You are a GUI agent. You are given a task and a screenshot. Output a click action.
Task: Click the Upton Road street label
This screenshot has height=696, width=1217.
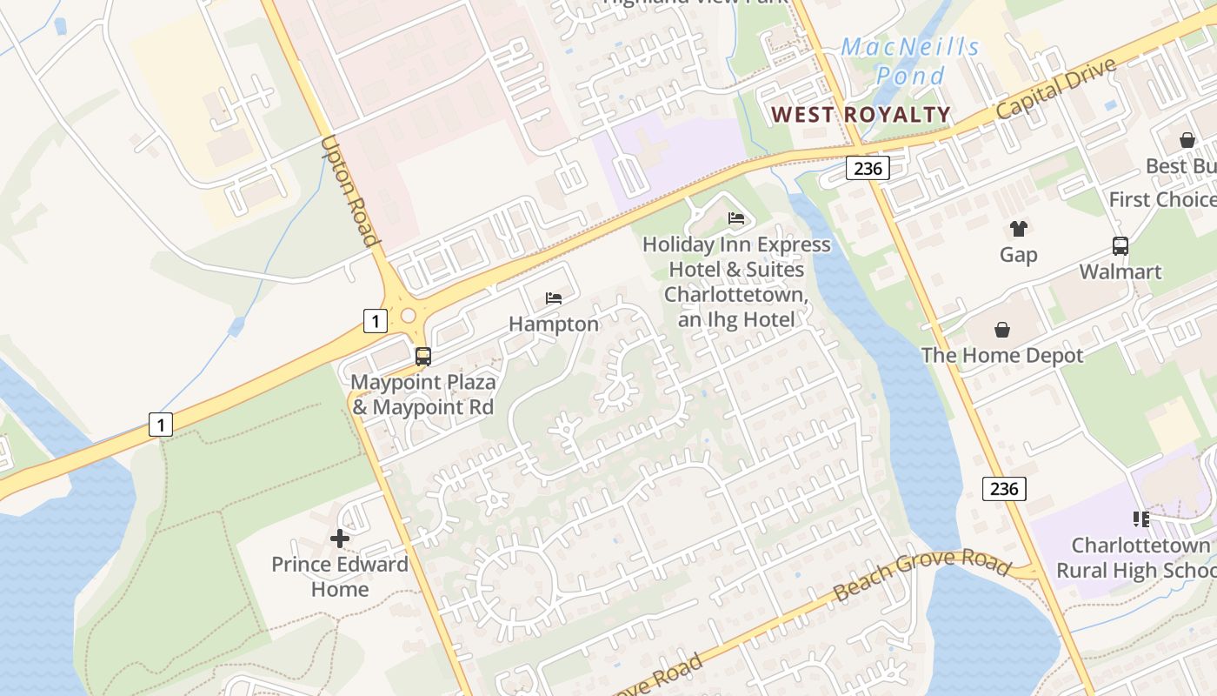[350, 191]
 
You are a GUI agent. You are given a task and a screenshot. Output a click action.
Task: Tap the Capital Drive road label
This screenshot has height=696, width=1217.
[1055, 90]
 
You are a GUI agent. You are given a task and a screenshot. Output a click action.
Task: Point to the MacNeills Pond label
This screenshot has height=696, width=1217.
[910, 61]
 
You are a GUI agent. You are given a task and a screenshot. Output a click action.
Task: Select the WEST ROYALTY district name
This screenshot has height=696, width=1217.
[861, 114]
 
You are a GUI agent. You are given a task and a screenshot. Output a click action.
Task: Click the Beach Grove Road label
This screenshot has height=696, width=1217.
[922, 576]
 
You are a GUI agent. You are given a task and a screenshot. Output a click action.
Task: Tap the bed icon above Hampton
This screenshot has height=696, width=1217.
[554, 298]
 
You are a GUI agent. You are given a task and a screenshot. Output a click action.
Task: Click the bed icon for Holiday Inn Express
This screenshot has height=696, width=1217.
[736, 218]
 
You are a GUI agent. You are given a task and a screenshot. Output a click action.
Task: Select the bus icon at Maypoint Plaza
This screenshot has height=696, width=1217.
[423, 356]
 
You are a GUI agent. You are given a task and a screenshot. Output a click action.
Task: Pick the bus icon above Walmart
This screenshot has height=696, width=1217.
[1120, 246]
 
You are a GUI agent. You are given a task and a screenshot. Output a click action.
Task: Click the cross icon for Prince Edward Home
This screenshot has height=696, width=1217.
[340, 539]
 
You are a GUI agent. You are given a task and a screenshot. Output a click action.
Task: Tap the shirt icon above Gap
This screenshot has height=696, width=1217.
[1018, 229]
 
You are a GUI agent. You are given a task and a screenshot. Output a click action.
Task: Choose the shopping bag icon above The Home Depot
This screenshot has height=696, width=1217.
[1001, 330]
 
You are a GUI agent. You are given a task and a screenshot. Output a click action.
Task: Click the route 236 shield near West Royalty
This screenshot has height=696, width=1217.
[868, 169]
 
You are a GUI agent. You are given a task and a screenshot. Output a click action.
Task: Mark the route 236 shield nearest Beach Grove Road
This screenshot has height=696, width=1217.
[1004, 489]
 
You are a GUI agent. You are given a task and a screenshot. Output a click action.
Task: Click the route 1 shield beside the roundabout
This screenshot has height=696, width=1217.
[374, 322]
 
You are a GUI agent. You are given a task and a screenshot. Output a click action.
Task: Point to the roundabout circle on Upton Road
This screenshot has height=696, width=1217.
[407, 314]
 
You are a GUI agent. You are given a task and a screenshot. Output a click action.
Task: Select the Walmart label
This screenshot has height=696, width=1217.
[1120, 271]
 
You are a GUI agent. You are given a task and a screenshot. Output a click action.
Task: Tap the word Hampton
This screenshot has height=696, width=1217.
[554, 325]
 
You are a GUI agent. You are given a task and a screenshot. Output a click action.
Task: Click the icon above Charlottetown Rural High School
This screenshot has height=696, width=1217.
[1141, 519]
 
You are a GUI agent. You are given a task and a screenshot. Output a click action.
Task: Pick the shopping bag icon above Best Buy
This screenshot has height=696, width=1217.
[1187, 140]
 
